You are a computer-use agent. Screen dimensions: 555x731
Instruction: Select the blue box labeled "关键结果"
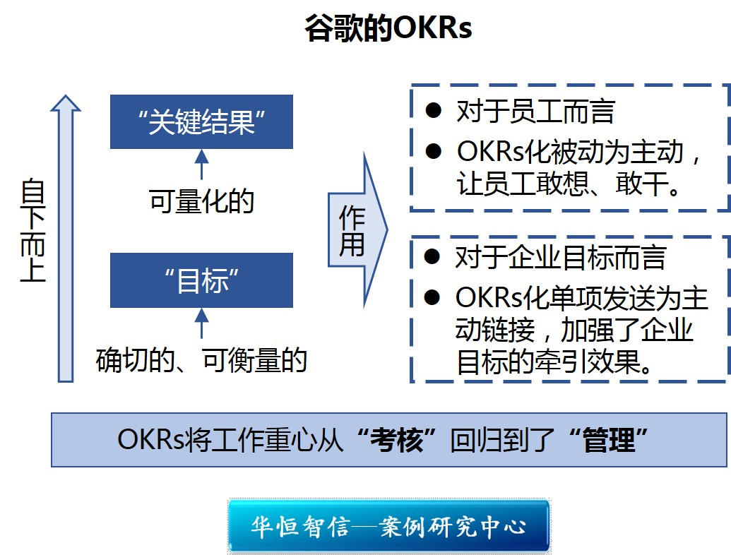pyautogui.click(x=201, y=121)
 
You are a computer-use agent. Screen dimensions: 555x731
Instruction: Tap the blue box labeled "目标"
pyautogui.click(x=201, y=280)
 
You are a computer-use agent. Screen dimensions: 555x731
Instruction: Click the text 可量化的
pyautogui.click(x=201, y=202)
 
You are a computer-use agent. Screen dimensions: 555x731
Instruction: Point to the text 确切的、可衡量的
pyautogui.click(x=201, y=361)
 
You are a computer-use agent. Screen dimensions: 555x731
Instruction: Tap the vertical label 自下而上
pyautogui.click(x=32, y=231)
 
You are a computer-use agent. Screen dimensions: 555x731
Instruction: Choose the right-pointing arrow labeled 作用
pyautogui.click(x=357, y=230)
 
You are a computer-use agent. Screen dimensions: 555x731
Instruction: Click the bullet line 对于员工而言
pyautogui.click(x=535, y=111)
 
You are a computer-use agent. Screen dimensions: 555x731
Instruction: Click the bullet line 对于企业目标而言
pyautogui.click(x=561, y=257)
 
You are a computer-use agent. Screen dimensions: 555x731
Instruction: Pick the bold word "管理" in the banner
pyautogui.click(x=607, y=441)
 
